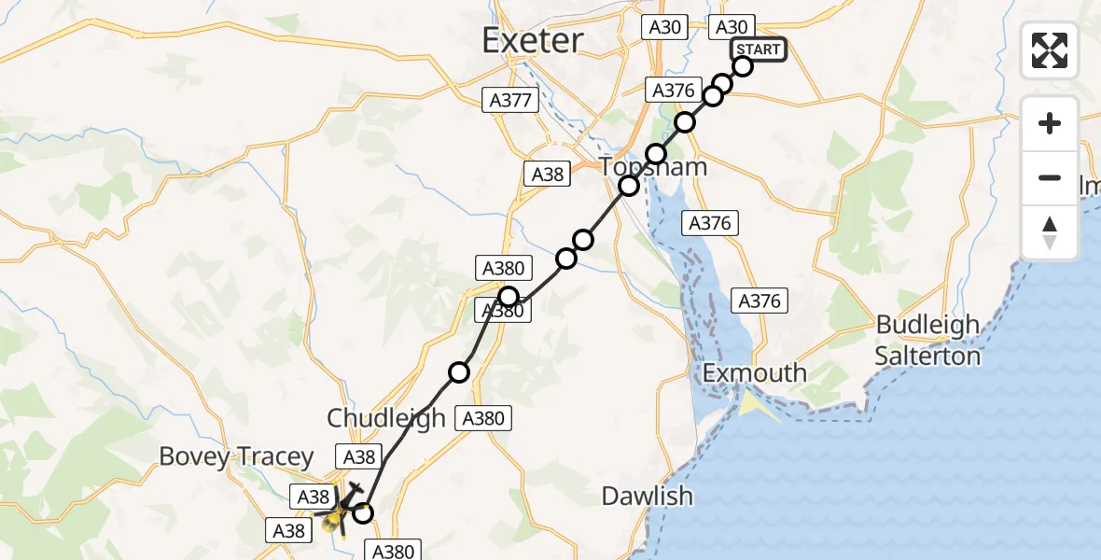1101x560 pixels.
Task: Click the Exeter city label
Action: pyautogui.click(x=533, y=40)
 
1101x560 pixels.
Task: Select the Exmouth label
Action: pyautogui.click(x=754, y=372)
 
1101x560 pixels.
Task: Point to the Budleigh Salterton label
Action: pyautogui.click(x=927, y=341)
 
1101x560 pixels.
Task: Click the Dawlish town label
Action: pyautogui.click(x=648, y=496)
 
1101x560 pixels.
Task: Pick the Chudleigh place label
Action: pyautogui.click(x=385, y=418)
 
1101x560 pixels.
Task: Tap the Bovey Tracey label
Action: pyautogui.click(x=236, y=456)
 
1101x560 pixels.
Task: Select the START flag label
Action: pyautogui.click(x=759, y=49)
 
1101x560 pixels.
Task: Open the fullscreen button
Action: pyautogui.click(x=1050, y=50)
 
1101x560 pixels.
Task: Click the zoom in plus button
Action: pyautogui.click(x=1050, y=123)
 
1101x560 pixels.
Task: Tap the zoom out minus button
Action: pyautogui.click(x=1050, y=177)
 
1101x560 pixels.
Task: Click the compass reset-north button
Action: pyautogui.click(x=1050, y=232)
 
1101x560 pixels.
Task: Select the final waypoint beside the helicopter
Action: pyautogui.click(x=363, y=512)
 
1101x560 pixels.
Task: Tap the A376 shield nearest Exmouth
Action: pyautogui.click(x=760, y=301)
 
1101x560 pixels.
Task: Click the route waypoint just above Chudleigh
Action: pyautogui.click(x=459, y=372)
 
